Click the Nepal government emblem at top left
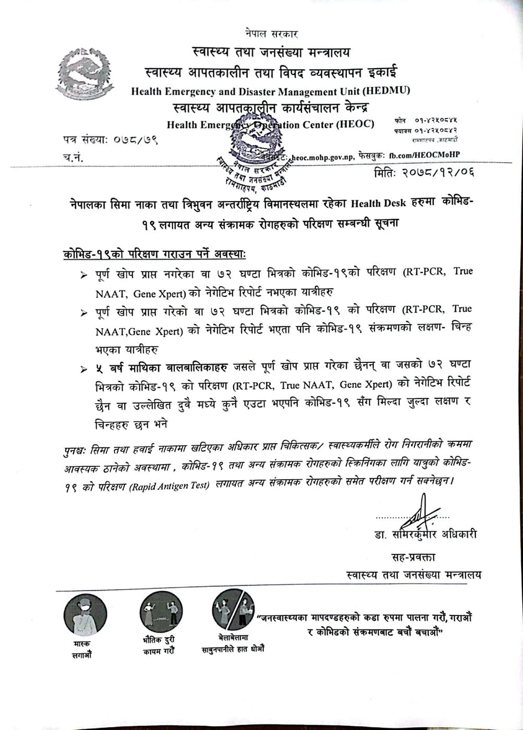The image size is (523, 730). pyautogui.click(x=85, y=74)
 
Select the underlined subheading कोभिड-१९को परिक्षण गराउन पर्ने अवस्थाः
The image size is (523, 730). pyautogui.click(x=155, y=255)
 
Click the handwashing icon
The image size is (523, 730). pyautogui.click(x=233, y=610)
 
